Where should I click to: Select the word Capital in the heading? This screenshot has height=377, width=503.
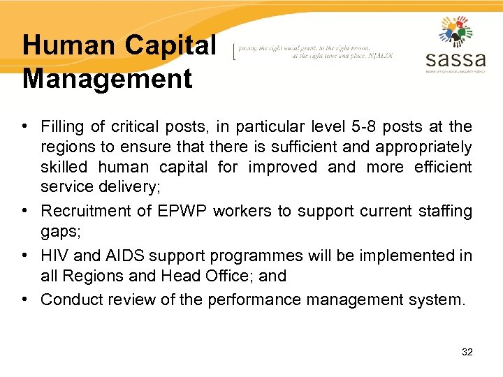tap(171, 46)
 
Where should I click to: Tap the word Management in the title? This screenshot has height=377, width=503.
tap(107, 78)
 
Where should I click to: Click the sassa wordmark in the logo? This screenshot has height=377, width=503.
tap(455, 57)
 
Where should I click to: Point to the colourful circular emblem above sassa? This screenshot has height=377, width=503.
tap(455, 31)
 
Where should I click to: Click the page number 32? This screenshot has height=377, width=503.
tap(467, 352)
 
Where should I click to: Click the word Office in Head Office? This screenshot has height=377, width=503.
tap(225, 276)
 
